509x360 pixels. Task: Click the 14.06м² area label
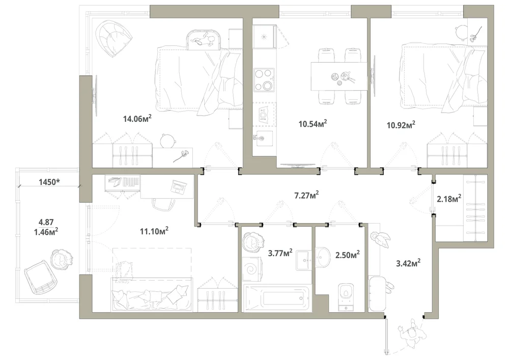coord(137,119)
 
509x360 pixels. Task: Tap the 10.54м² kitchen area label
coord(313,123)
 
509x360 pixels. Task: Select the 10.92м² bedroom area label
coord(401,125)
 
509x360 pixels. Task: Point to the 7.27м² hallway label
coord(306,196)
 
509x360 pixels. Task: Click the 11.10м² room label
coord(154,231)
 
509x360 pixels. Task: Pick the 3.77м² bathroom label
coord(280,253)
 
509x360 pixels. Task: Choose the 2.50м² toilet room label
coord(347,255)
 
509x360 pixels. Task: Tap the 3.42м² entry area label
coord(408,263)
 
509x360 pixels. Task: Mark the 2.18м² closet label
coord(449,199)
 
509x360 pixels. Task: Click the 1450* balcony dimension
coord(49,182)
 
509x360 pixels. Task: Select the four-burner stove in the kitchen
coord(264,79)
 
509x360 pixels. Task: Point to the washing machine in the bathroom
coord(252,269)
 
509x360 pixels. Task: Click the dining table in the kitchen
coord(339,76)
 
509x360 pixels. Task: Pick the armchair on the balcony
coord(41,276)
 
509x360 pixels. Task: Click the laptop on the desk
coord(179,187)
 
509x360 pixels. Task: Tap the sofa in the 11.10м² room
coord(152,294)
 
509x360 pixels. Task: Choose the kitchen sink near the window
coord(264,36)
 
